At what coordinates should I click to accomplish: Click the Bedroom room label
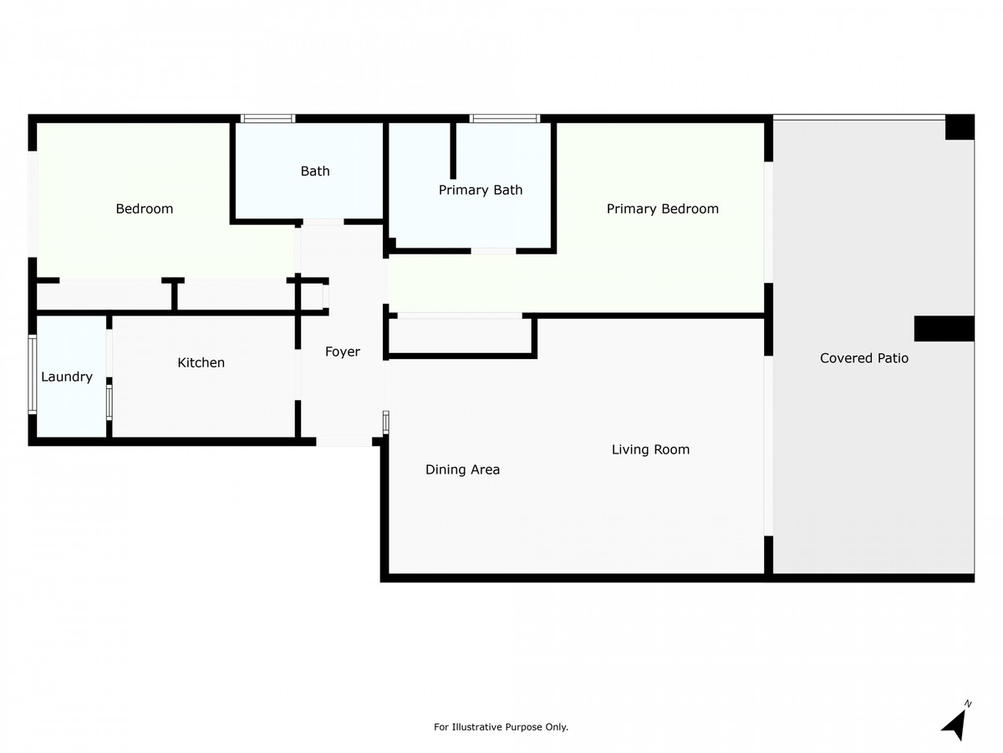(x=144, y=208)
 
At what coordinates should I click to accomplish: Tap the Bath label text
(x=315, y=171)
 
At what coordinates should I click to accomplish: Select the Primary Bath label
(x=481, y=190)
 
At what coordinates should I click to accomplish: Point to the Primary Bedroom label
(x=662, y=208)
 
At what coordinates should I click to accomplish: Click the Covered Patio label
(x=863, y=358)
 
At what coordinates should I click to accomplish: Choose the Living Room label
(x=650, y=449)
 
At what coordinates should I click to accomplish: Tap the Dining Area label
(x=462, y=469)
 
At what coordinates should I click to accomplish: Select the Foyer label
(x=342, y=351)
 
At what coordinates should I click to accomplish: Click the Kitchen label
(x=201, y=362)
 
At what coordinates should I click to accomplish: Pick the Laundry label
(x=67, y=376)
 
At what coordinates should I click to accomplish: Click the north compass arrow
(x=955, y=722)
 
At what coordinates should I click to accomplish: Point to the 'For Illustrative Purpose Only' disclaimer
(x=501, y=727)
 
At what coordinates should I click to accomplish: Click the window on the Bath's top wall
(x=267, y=119)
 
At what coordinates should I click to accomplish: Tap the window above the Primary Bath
(x=504, y=119)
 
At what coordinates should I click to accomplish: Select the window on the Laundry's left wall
(x=33, y=374)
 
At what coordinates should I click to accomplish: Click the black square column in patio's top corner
(x=959, y=127)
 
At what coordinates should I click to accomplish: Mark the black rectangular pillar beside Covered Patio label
(x=944, y=329)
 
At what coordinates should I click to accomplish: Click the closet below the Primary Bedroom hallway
(x=461, y=336)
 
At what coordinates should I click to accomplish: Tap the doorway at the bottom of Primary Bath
(x=493, y=250)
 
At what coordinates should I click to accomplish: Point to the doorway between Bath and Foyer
(x=323, y=223)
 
